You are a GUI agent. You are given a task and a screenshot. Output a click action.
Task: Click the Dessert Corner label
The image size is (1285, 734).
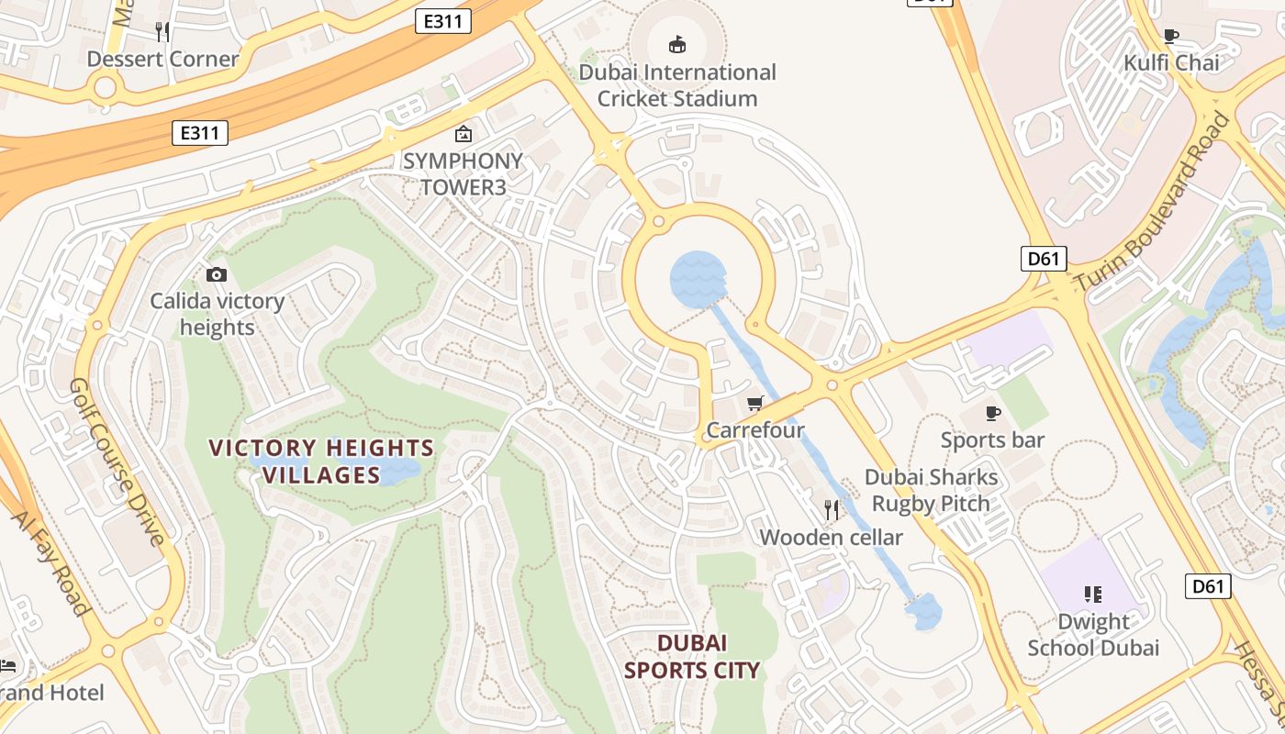162,60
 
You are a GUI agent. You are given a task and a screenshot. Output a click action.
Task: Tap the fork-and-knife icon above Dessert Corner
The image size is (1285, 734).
162,32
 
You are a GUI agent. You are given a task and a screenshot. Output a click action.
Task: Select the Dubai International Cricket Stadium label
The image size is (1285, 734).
677,85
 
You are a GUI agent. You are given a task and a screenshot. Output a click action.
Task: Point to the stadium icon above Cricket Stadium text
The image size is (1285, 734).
677,44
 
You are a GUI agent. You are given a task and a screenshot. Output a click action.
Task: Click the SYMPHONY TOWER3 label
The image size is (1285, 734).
463,173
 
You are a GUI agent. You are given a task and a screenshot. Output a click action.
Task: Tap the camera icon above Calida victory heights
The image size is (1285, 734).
217,274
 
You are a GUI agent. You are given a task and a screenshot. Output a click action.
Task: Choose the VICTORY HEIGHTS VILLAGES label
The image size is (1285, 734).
321,462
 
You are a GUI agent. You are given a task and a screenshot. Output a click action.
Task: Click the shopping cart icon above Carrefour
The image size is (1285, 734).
755,404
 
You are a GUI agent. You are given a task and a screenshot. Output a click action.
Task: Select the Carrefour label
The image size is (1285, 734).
755,430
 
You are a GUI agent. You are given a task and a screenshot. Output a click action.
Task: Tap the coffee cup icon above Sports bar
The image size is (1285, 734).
992,413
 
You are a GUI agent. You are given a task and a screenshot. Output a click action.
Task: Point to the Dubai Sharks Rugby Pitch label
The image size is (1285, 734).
931,490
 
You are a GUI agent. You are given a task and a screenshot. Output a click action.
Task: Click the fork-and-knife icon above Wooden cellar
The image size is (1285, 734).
832,509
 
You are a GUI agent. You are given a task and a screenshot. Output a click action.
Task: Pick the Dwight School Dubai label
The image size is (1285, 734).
1093,635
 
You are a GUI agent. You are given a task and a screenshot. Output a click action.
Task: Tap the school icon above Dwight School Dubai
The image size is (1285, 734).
1092,595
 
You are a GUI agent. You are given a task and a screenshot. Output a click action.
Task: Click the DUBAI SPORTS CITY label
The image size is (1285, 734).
692,657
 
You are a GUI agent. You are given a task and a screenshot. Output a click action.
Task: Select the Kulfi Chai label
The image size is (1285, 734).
1172,63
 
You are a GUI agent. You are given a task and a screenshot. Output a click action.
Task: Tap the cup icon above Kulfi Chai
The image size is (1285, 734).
1171,36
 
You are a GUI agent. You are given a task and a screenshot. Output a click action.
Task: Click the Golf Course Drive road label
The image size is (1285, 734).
117,462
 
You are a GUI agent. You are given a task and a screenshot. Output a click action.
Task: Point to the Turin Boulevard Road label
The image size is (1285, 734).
1153,201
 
